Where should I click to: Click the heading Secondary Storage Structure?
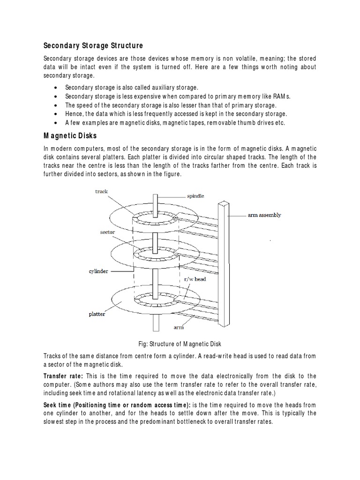click(x=93, y=45)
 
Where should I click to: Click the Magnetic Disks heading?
click(x=70, y=136)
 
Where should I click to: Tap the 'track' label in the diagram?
click(x=101, y=191)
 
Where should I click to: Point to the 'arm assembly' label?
click(x=264, y=215)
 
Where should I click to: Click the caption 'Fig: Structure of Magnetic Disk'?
click(x=180, y=344)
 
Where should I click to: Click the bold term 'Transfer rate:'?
click(x=63, y=376)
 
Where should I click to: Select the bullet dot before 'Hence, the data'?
click(x=56, y=114)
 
